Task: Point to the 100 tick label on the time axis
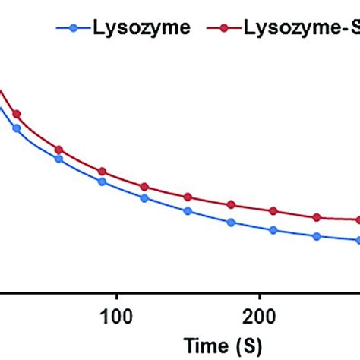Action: click(115, 293)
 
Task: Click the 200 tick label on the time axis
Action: click(260, 293)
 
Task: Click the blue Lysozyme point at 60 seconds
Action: click(58, 159)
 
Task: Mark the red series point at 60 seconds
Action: click(58, 150)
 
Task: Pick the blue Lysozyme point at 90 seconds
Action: click(102, 182)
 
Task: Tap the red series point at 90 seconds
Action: click(102, 172)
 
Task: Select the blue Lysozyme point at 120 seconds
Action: click(145, 198)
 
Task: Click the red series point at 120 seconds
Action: click(145, 186)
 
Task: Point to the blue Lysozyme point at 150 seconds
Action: click(188, 211)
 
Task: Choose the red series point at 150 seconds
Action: click(188, 197)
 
